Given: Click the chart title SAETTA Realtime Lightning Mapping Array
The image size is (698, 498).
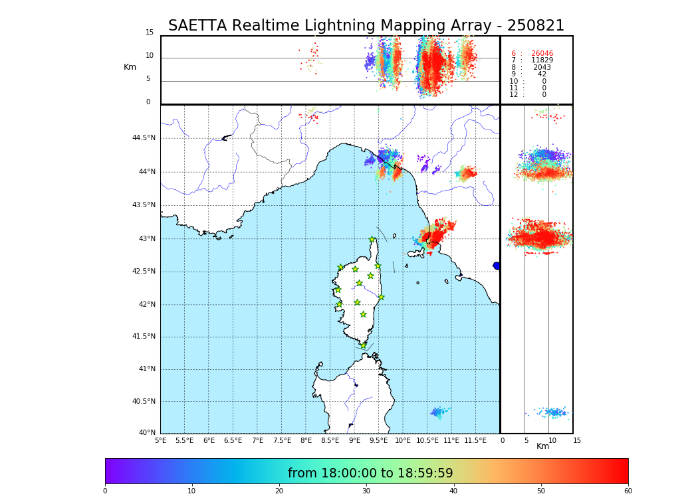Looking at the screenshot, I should coord(366,26).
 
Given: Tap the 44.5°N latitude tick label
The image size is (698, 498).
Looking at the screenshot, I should coord(144,138).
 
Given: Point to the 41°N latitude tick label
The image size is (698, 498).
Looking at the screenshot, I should coord(146,369).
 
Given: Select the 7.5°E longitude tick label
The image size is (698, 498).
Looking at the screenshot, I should coord(282,440).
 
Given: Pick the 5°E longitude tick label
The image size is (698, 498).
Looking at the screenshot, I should coord(160,440).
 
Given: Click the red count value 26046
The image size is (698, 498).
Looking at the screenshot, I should coord(542,53).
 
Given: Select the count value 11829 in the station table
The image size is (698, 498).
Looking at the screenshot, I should coord(542,60).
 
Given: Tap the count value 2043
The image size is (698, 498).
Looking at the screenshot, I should coord(542,68).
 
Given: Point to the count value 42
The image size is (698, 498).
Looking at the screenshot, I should coord(542,74).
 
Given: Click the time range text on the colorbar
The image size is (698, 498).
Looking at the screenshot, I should coord(370,473).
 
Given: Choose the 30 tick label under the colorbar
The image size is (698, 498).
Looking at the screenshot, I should coord(366,491).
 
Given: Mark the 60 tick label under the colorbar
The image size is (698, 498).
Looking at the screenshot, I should coord(628,491).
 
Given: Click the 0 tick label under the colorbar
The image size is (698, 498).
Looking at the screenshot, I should coord(105,491).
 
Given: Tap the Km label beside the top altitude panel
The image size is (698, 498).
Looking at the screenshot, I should coord(130,67).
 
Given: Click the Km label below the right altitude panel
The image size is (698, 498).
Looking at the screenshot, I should coord(542,446).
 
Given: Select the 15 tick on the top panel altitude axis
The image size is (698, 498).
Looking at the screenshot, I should coord(150,33).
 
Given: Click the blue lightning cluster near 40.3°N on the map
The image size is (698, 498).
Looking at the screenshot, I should coord(437,412).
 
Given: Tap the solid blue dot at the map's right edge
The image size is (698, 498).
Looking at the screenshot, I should coord(497,266).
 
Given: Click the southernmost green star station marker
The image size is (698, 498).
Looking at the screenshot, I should coord(363,345).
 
